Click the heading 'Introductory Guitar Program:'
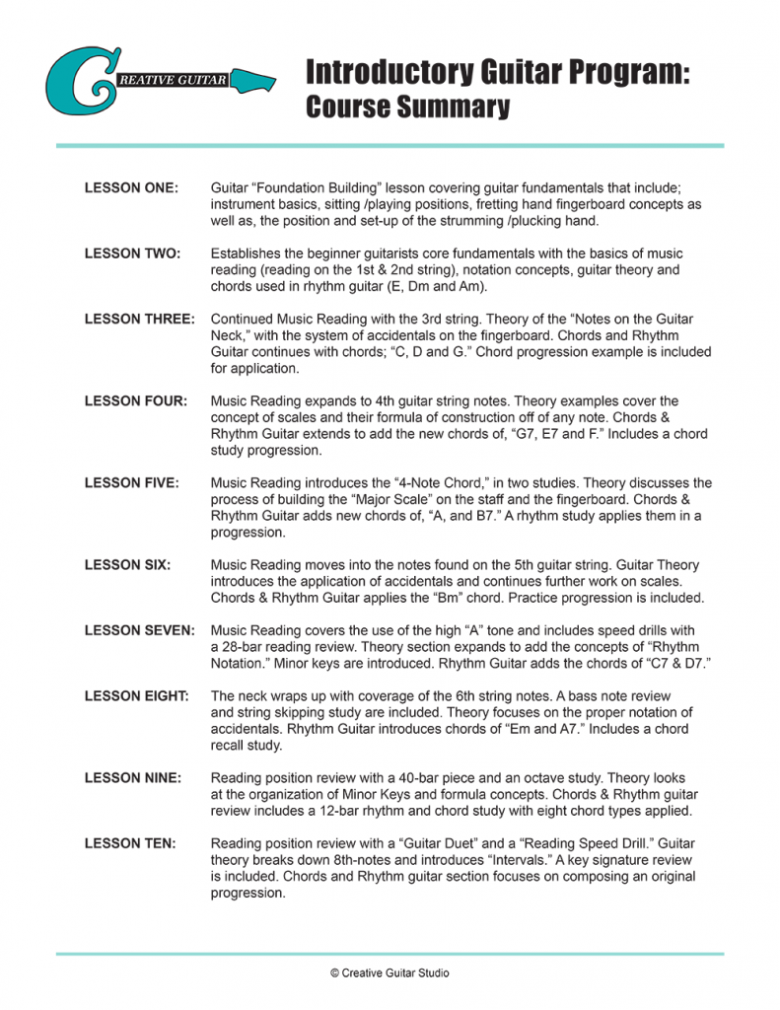click(498, 72)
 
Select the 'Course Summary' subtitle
click(407, 108)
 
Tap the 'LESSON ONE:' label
click(131, 187)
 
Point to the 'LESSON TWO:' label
click(132, 253)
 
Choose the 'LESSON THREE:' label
click(139, 320)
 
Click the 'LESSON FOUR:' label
click(135, 401)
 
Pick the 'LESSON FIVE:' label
click(132, 483)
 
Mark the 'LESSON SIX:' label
click(128, 565)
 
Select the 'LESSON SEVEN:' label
click(139, 630)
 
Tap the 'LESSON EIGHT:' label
click(136, 696)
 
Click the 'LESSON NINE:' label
click(133, 778)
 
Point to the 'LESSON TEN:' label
click(130, 843)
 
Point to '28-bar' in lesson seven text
click(245, 647)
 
